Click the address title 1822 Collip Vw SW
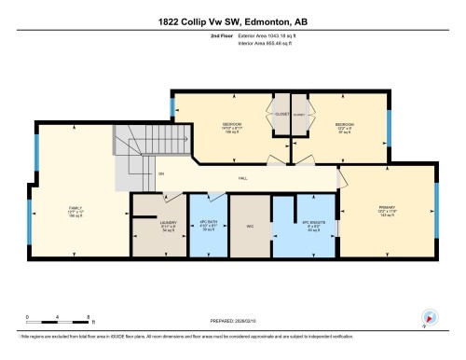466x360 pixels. click(x=232, y=21)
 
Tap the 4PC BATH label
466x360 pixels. click(x=210, y=225)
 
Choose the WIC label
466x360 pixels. click(x=249, y=225)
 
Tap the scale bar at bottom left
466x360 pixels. click(x=58, y=323)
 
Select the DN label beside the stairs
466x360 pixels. click(x=161, y=175)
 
